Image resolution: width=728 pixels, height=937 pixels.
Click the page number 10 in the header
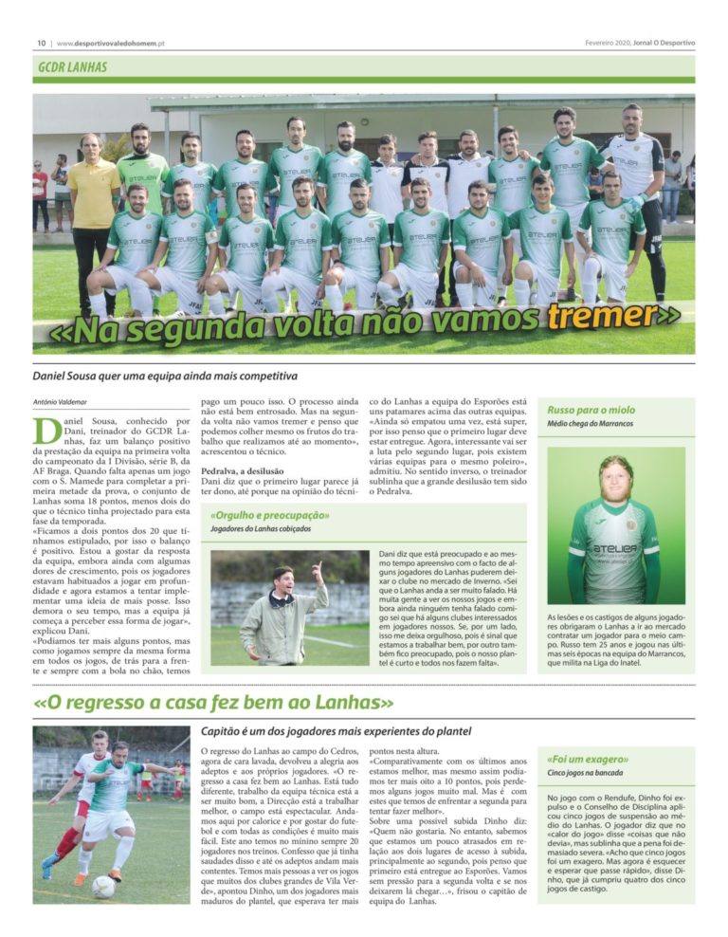click(x=41, y=44)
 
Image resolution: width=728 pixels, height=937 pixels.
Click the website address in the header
click(x=112, y=44)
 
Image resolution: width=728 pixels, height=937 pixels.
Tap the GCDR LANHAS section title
click(x=73, y=67)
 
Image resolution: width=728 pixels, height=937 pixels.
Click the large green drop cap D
click(x=46, y=432)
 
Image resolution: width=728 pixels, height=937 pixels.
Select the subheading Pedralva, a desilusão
click(x=249, y=470)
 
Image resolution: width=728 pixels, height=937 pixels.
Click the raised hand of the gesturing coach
click(x=317, y=567)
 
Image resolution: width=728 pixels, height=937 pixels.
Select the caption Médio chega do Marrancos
click(x=591, y=424)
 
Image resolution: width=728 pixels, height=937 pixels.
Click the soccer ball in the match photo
click(x=103, y=886)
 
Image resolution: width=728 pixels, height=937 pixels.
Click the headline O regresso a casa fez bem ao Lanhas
click(x=213, y=704)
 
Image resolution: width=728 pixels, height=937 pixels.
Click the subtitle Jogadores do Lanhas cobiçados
click(x=263, y=530)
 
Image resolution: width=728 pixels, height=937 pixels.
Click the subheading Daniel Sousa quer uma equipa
click(x=152, y=377)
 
